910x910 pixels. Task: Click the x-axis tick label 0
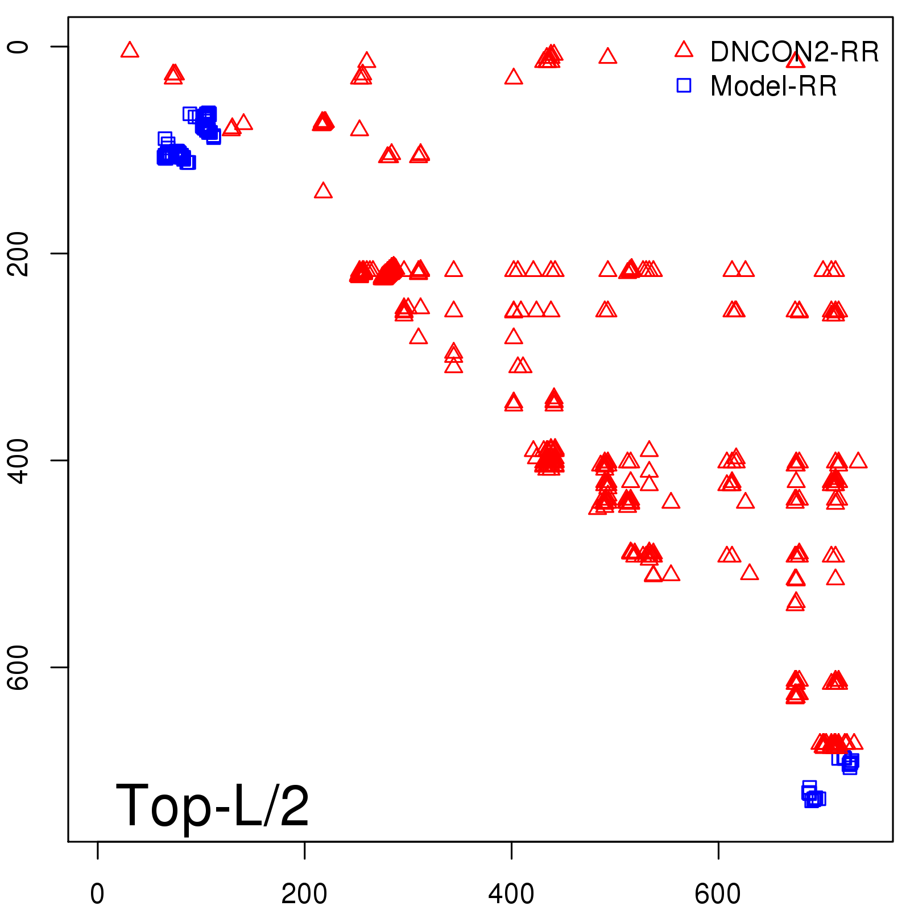tap(97, 894)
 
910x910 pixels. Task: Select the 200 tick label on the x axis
tap(304, 894)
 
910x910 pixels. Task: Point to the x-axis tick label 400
tap(511, 894)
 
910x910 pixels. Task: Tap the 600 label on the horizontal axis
tap(718, 894)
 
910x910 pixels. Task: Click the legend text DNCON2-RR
tap(795, 52)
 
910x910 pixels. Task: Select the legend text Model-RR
tap(773, 86)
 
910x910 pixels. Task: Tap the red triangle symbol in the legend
tap(684, 50)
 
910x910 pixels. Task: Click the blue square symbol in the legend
tap(684, 85)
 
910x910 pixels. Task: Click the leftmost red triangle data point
tap(130, 51)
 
